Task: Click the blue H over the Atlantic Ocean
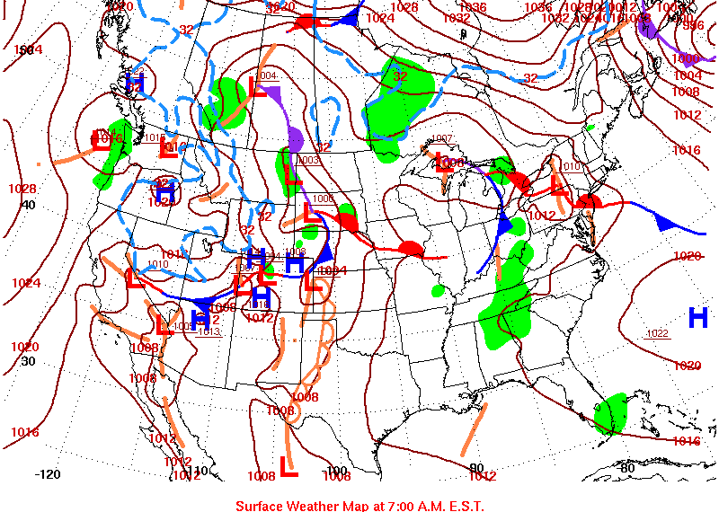coord(698,317)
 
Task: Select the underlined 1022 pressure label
coord(658,334)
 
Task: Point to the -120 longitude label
coord(48,473)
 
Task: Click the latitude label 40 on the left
coord(28,205)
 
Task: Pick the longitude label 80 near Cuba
coord(626,467)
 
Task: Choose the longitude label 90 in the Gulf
coord(475,466)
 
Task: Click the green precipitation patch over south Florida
coord(613,412)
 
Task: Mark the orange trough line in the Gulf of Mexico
coord(474,429)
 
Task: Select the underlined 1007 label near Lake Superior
coord(442,138)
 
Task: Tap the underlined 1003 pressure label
coord(309,160)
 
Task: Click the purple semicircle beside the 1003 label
coord(295,140)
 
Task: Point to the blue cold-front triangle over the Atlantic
coord(666,223)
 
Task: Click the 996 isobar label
coord(694,25)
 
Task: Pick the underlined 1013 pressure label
coord(209,331)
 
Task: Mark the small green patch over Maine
coord(590,128)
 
